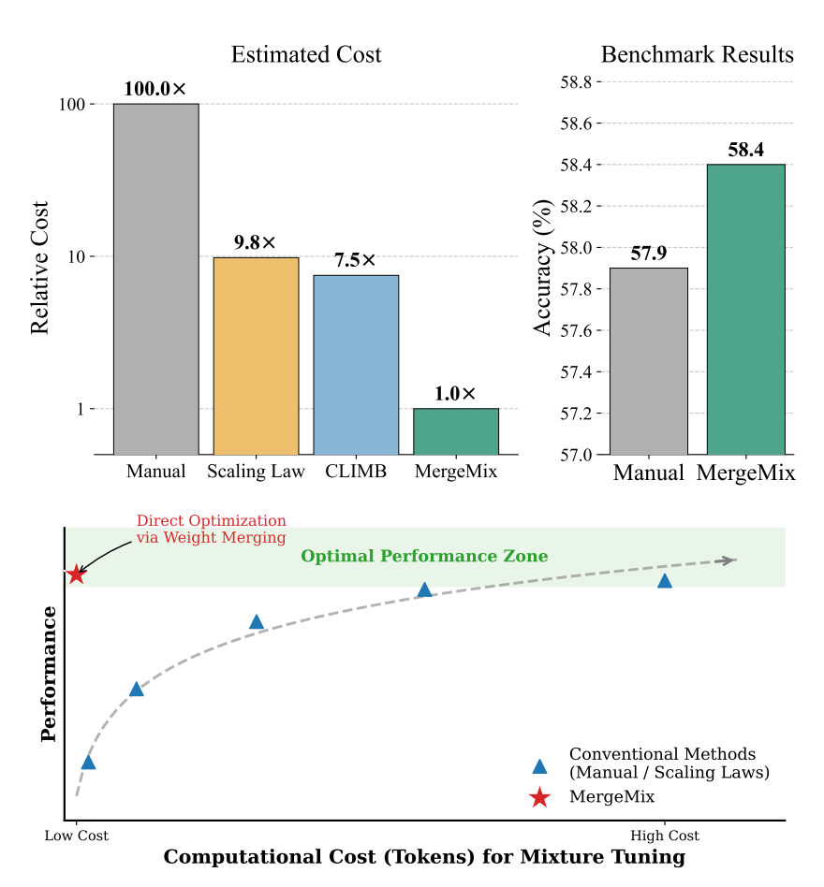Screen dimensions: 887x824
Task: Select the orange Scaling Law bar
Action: pos(256,356)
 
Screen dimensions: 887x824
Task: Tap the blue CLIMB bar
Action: pos(356,364)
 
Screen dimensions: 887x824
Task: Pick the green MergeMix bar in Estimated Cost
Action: pos(456,431)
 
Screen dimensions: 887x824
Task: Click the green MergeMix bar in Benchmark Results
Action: pos(745,309)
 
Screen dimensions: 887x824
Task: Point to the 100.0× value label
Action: pos(155,90)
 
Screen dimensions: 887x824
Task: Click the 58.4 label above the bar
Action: pos(745,150)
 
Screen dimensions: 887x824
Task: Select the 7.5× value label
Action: pos(356,261)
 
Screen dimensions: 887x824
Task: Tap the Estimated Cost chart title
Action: pos(306,55)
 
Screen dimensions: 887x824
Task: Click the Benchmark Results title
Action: pos(697,55)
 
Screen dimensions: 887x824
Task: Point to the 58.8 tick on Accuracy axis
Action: pos(575,82)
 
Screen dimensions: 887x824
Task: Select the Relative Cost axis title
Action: pos(40,268)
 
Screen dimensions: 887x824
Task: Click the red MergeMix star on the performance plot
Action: pos(77,574)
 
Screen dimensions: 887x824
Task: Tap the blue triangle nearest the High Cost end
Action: pos(665,581)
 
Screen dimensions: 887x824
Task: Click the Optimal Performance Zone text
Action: pos(424,557)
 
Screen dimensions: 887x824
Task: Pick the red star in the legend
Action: pos(539,797)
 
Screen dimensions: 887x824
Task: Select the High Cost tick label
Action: pos(665,836)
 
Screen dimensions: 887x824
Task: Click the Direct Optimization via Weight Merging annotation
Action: pos(211,530)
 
